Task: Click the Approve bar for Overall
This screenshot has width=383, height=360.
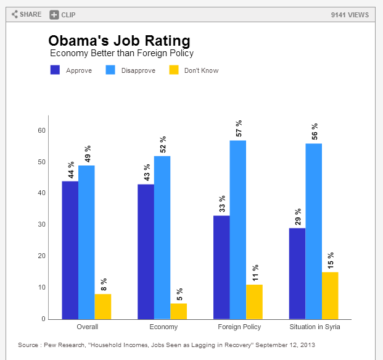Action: [x=70, y=250]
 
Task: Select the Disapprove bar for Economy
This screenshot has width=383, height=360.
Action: [x=162, y=238]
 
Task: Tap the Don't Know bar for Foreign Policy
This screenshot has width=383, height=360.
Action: [x=254, y=302]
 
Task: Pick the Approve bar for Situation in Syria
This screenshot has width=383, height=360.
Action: [x=297, y=274]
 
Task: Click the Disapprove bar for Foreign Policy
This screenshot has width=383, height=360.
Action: [x=238, y=230]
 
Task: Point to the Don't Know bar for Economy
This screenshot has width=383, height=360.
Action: [x=178, y=311]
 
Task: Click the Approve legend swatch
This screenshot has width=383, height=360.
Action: [x=55, y=70]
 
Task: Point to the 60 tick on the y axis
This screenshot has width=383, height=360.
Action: [x=42, y=130]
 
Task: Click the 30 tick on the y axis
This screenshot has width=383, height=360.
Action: [x=42, y=225]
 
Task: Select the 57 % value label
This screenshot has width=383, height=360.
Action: [x=238, y=128]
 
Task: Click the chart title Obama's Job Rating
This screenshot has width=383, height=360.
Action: [x=119, y=41]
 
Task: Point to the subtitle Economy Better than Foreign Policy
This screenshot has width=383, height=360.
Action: [x=121, y=53]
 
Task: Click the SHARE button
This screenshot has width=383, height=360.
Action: [x=27, y=14]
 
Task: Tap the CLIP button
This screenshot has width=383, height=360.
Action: [x=63, y=14]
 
